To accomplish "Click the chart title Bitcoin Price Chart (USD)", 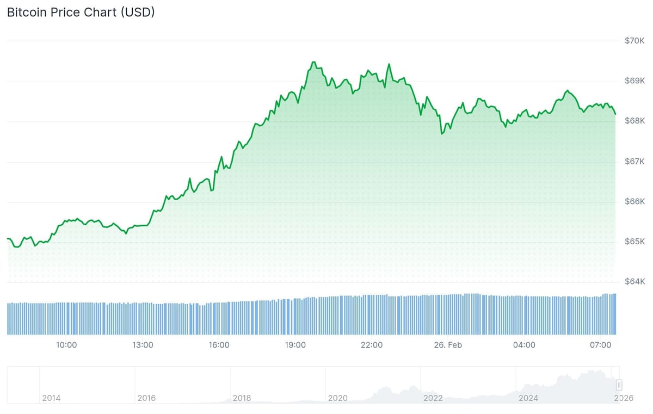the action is [81, 12].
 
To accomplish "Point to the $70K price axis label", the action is [634, 40].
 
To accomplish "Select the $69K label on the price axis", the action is [634, 81].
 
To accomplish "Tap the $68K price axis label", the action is [634, 121].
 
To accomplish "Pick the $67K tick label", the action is [634, 161].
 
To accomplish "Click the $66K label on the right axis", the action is [634, 201].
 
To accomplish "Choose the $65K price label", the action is [634, 242].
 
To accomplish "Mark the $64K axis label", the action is [634, 281].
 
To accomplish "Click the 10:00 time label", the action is [66, 345].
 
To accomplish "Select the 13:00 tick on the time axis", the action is [143, 345].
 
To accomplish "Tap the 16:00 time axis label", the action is [219, 345].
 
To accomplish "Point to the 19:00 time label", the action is [295, 345].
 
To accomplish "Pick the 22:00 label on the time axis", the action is [372, 345].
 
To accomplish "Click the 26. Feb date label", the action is [448, 345].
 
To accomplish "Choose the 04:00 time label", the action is [524, 345].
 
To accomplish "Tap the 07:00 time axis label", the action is [601, 345].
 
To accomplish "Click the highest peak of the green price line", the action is [313, 62].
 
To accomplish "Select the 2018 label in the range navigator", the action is [242, 398].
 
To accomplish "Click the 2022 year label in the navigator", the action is [433, 398].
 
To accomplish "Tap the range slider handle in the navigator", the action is [619, 385].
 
